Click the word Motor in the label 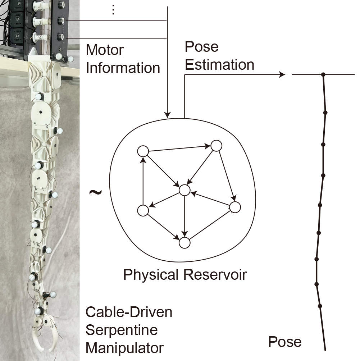tap(105, 50)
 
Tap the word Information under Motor tap(123, 68)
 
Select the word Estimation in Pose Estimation tap(219, 65)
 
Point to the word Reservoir tap(215, 275)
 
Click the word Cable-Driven tap(129, 312)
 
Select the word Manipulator tap(124, 348)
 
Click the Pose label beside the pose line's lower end tap(285, 342)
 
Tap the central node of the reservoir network tap(184, 190)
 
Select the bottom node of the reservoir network tap(184, 243)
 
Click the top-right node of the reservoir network tap(216, 146)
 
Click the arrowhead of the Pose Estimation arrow tap(281, 74)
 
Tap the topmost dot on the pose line tap(323, 74)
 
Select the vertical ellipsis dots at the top tap(113, 10)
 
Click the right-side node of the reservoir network tap(234, 207)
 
